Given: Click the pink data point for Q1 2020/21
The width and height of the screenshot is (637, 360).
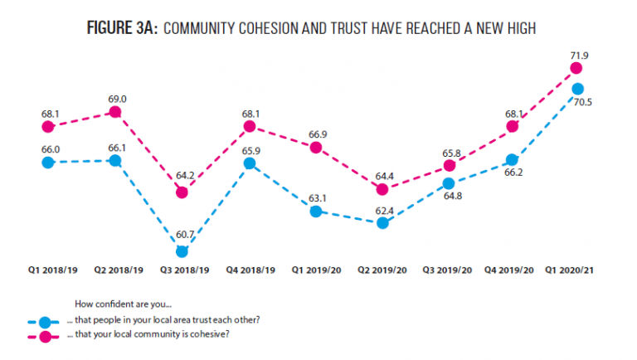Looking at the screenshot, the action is click(576, 68).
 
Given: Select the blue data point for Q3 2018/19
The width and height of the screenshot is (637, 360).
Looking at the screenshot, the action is click(182, 252).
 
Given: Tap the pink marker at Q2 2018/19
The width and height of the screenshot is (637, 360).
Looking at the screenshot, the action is click(115, 112).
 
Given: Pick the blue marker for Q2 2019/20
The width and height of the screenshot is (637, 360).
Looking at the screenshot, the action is click(382, 223).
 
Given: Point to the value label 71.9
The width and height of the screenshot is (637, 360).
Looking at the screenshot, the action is click(579, 56).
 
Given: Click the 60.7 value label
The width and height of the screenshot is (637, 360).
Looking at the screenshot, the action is click(185, 235).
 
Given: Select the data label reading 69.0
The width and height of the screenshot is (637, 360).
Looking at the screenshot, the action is click(117, 100).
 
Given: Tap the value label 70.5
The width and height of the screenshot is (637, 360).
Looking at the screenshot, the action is click(582, 102).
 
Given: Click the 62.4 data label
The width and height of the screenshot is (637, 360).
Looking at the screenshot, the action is click(384, 211).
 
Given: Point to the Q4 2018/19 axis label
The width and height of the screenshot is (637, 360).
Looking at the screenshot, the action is click(250, 270).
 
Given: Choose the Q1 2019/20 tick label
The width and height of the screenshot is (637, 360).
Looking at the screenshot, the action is click(317, 270).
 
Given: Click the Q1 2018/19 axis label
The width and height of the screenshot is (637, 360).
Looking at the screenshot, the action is click(53, 270).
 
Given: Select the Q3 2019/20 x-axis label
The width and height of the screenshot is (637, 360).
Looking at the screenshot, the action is click(447, 270).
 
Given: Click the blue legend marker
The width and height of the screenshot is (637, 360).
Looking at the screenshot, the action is click(45, 323).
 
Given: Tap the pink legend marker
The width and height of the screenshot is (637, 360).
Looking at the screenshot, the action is click(45, 337).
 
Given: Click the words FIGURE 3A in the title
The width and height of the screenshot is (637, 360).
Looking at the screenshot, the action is click(122, 28).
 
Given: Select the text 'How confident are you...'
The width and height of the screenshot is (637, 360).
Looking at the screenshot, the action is click(123, 304).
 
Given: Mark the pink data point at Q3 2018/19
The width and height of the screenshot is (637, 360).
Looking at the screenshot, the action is click(182, 192).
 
